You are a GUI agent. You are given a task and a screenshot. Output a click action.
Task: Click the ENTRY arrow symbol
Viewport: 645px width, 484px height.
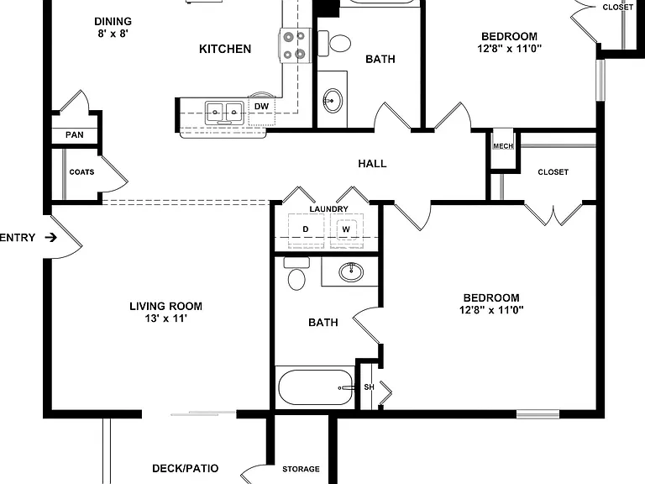click(50, 238)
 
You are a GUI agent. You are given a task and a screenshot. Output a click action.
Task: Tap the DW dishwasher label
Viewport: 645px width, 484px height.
click(262, 107)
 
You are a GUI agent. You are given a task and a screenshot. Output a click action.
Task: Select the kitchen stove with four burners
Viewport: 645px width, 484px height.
click(295, 45)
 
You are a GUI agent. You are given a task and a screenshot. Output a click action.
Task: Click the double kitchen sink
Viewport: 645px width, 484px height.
click(224, 112)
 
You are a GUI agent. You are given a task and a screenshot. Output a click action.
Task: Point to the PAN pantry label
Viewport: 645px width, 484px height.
click(75, 135)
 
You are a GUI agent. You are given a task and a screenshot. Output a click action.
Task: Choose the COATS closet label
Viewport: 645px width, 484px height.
click(81, 172)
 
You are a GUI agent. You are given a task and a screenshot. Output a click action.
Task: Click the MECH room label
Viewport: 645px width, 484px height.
click(503, 146)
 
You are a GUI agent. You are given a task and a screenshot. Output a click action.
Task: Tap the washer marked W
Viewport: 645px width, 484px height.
click(346, 230)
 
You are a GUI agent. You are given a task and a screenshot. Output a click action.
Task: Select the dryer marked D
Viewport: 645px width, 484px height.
click(306, 230)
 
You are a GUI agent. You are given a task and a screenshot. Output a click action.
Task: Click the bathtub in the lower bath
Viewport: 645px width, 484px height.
click(316, 387)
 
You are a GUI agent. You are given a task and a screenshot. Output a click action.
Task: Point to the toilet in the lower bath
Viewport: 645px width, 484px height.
click(296, 274)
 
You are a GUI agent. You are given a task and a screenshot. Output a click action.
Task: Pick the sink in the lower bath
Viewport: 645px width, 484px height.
click(351, 272)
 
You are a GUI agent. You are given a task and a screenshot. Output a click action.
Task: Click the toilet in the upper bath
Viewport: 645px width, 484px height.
click(334, 43)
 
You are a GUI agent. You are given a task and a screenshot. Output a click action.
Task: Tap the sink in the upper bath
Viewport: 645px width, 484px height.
click(333, 101)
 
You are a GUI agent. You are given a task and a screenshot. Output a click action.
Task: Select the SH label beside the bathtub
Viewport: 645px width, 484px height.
click(369, 387)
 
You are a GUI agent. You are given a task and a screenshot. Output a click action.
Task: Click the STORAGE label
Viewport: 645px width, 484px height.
click(301, 469)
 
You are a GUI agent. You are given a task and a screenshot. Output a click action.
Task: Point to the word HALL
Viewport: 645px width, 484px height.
click(372, 164)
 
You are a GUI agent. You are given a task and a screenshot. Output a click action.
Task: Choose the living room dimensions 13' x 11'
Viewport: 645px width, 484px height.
click(165, 318)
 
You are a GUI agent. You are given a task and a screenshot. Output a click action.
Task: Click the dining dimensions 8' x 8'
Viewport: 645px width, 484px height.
click(113, 34)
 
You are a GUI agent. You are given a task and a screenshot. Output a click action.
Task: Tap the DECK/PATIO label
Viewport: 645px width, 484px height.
click(185, 468)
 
